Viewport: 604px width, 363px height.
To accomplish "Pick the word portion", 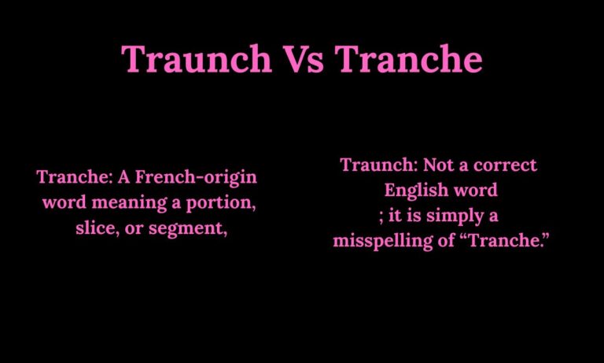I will (223, 203).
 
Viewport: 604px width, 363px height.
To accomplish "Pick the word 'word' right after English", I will (478, 191).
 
